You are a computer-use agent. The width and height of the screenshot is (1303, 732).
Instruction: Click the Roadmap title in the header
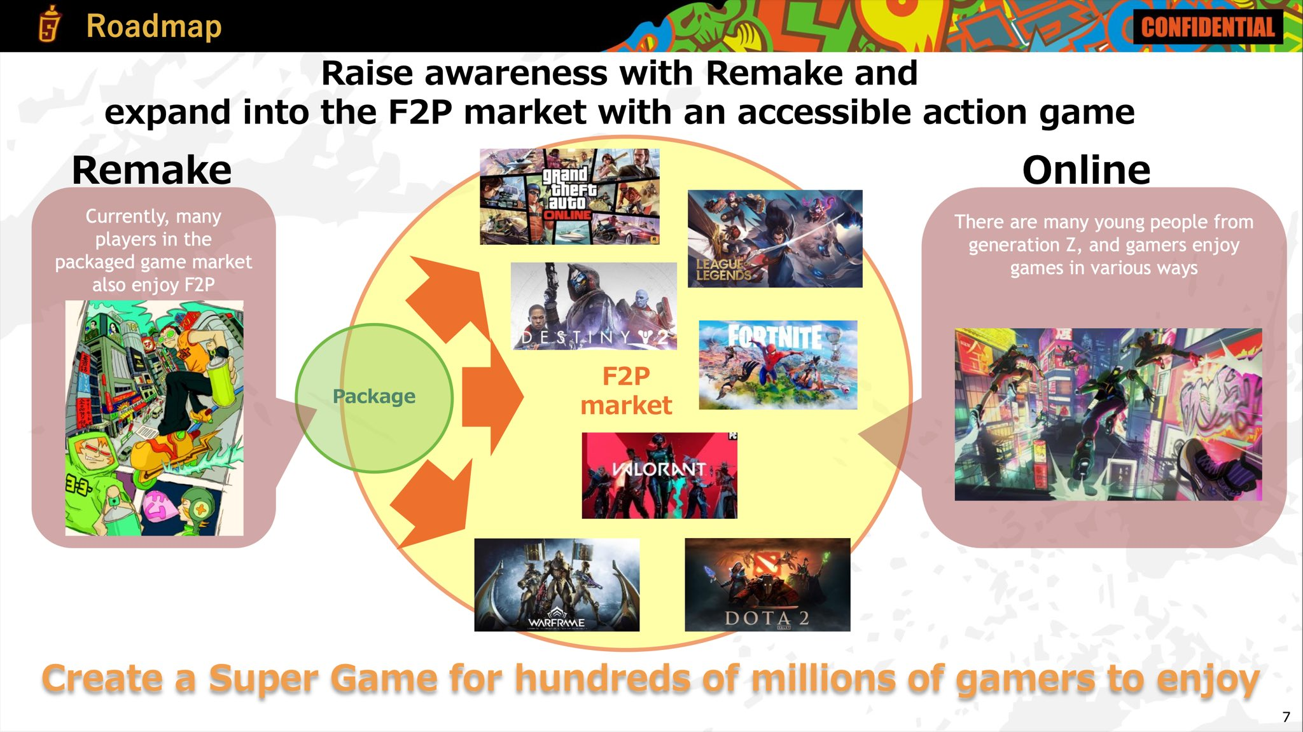pos(153,26)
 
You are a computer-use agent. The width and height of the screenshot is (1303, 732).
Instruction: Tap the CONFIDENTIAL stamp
pos(1208,27)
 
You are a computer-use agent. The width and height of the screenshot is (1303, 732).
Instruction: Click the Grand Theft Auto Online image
pos(569,197)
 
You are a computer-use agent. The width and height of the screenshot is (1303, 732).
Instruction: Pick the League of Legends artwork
pos(775,238)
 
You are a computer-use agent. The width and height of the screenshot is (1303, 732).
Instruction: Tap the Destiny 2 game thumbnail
pos(594,306)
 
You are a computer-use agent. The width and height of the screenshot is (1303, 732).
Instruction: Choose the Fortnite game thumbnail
pos(777,364)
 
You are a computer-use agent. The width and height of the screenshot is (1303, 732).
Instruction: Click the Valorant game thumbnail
pos(659,476)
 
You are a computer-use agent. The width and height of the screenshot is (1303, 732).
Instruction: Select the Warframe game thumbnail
pos(557,585)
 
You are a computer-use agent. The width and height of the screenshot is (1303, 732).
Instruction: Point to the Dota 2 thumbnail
pos(767,585)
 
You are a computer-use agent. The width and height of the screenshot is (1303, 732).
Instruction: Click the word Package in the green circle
pos(373,396)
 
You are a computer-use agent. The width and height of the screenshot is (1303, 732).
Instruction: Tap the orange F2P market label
pos(626,390)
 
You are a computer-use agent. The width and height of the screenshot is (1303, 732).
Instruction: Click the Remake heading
pos(151,170)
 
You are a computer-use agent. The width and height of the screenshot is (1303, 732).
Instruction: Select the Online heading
pos(1086,170)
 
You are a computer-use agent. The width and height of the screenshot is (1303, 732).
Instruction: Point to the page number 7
pos(1286,717)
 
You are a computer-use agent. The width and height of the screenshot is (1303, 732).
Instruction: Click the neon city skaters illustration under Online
pos(1108,414)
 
